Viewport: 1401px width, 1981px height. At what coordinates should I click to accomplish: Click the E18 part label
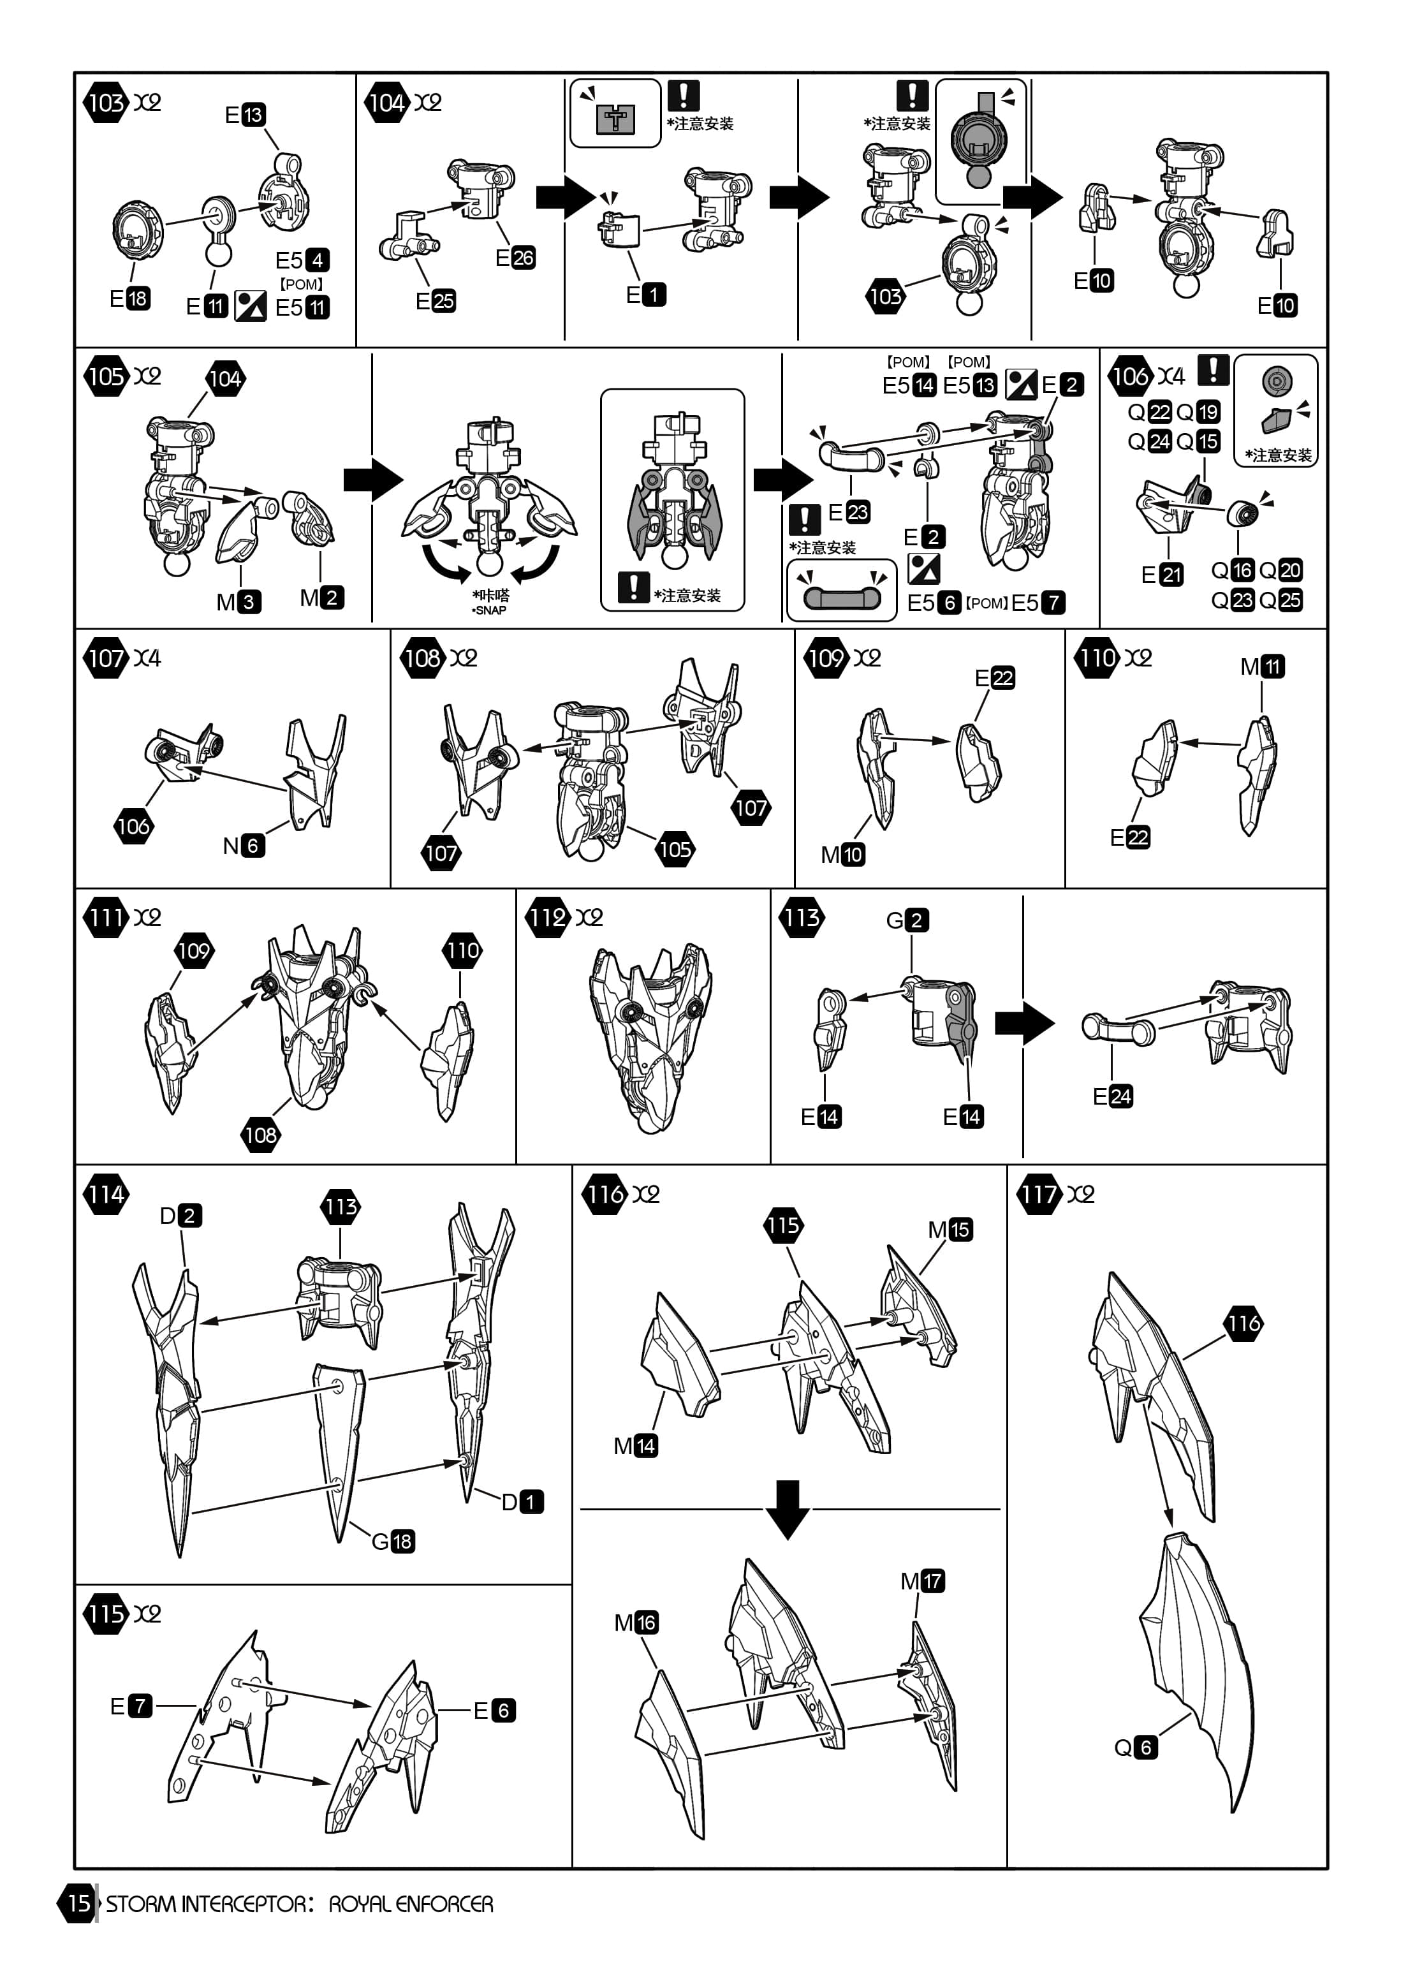pyautogui.click(x=129, y=298)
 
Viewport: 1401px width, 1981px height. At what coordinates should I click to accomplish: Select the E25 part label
pyautogui.click(x=436, y=301)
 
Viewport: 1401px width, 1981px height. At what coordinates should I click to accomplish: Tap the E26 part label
pyautogui.click(x=516, y=257)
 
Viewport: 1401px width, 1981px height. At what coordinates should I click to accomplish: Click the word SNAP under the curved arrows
pyautogui.click(x=491, y=610)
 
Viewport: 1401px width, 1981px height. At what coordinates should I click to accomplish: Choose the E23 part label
pyautogui.click(x=849, y=512)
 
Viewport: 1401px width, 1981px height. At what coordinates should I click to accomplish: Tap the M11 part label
pyautogui.click(x=1263, y=666)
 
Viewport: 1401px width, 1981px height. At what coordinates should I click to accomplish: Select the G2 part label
pyautogui.click(x=907, y=920)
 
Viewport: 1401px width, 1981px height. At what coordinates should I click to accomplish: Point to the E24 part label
pyautogui.click(x=1113, y=1096)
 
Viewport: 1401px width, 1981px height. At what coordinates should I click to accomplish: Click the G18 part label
pyautogui.click(x=393, y=1541)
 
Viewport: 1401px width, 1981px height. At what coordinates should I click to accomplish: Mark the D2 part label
pyautogui.click(x=181, y=1215)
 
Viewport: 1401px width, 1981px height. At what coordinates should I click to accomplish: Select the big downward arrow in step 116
pyautogui.click(x=788, y=1510)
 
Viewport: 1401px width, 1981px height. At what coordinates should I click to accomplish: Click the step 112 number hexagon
pyautogui.click(x=547, y=917)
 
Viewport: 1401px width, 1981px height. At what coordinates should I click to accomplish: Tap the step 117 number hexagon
pyautogui.click(x=1039, y=1194)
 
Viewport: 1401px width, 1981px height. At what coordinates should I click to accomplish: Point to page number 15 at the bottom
pyautogui.click(x=78, y=1903)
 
